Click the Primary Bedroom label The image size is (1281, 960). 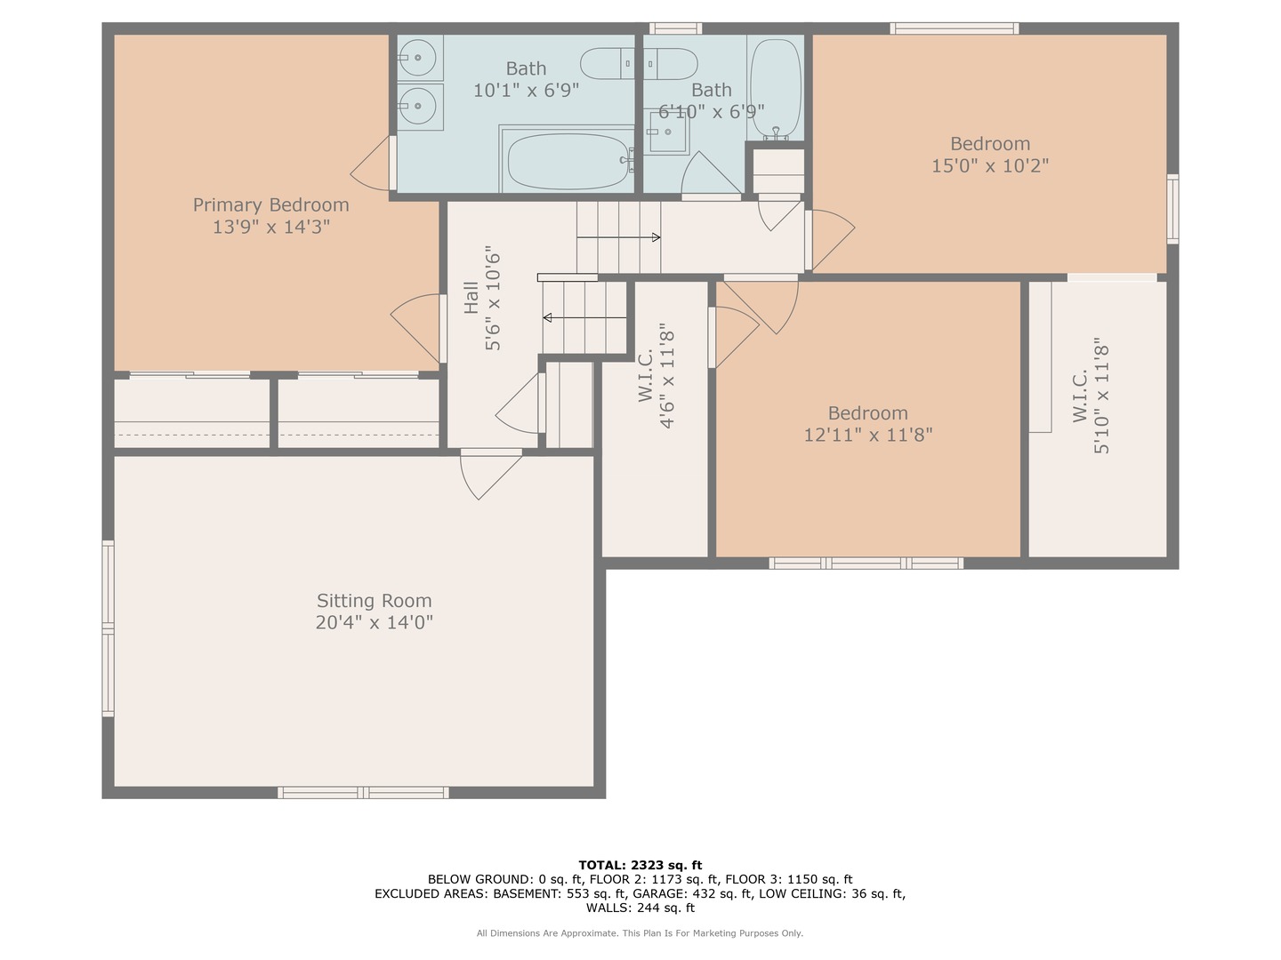pyautogui.click(x=270, y=205)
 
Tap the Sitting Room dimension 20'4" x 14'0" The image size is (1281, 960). pyautogui.click(x=374, y=622)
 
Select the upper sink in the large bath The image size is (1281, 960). pyautogui.click(x=419, y=59)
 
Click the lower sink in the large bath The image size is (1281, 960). pyautogui.click(x=419, y=107)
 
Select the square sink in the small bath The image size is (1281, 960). pyautogui.click(x=666, y=132)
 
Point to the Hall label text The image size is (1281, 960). pyautogui.click(x=471, y=298)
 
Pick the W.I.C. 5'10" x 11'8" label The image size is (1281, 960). pyautogui.click(x=1091, y=396)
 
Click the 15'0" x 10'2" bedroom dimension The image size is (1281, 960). pyautogui.click(x=990, y=166)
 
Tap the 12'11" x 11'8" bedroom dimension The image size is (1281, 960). pyautogui.click(x=867, y=436)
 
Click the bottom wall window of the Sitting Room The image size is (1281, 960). pyautogui.click(x=363, y=792)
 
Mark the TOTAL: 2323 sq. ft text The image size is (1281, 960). pyautogui.click(x=640, y=865)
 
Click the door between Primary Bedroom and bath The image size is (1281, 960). pyautogui.click(x=374, y=164)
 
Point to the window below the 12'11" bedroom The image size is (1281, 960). pyautogui.click(x=866, y=563)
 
